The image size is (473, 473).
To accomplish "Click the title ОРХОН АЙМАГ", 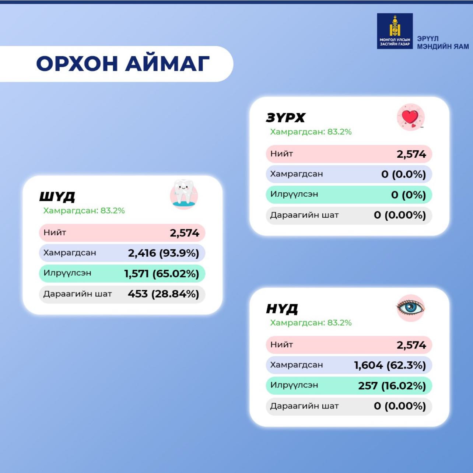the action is tap(123, 64).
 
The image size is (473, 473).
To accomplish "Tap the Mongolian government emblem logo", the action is tap(395, 31).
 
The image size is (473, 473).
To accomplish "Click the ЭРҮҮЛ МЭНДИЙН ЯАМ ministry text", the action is tap(443, 43).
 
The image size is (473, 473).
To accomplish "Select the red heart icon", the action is tap(410, 117).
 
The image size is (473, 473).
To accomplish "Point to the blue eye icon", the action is tap(410, 308).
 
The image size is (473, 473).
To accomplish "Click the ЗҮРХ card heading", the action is tap(285, 118).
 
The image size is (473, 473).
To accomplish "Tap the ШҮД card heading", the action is tap(57, 197).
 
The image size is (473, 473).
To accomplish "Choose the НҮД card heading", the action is tap(282, 309).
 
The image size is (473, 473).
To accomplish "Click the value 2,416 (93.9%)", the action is tap(164, 253).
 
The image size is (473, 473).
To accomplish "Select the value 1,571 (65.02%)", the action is tap(161, 273).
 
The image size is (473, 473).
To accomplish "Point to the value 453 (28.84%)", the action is tap(163, 294).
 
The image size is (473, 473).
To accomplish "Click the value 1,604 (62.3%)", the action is tap(390, 365).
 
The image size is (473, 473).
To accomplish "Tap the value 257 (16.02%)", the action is tap(392, 386).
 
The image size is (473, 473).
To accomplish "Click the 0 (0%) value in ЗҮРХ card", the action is tap(409, 195).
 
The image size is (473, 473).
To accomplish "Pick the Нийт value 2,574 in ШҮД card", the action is tap(184, 233).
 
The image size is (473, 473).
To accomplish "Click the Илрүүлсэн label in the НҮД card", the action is tap(294, 385).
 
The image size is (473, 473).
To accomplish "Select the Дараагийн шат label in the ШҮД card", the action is tap(78, 294).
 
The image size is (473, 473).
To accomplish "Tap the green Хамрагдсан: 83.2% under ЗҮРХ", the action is tap(311, 132).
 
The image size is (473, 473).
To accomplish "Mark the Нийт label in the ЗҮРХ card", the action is tap(281, 154).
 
